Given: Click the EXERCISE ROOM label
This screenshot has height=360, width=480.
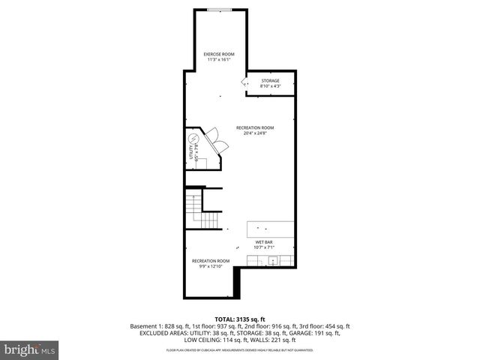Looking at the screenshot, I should pos(219,54).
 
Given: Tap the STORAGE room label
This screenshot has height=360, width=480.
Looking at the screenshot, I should pos(270,80).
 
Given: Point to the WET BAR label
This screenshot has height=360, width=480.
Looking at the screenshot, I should pos(264,241).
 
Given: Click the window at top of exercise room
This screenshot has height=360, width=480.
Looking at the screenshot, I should pos(219,10).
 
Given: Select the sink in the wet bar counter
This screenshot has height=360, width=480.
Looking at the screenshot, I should pos(274,261).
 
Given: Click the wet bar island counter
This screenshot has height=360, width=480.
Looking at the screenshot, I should pos(271,229).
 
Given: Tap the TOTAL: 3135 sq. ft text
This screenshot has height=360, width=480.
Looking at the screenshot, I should pos(240,318).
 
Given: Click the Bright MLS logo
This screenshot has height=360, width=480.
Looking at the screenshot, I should pos(28,349).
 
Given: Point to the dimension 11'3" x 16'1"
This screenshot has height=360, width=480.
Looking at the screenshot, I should pos(219,59).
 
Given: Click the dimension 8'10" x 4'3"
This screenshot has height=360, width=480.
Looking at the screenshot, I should pos(270,85).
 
